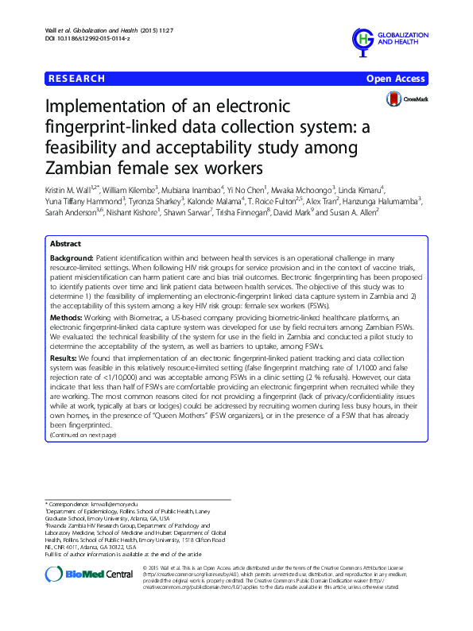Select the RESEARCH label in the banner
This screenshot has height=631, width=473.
(76, 79)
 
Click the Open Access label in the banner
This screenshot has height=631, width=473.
(396, 79)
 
